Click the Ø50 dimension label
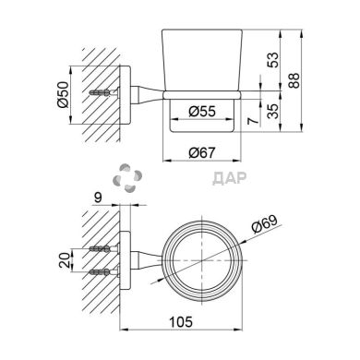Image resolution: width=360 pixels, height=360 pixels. click(x=62, y=94)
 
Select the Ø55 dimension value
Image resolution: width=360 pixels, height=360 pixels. click(x=202, y=112)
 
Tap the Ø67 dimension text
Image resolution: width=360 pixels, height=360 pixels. click(x=202, y=152)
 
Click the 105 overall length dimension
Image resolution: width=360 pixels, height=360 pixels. click(x=181, y=322)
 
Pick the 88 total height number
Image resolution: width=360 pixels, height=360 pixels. click(x=294, y=80)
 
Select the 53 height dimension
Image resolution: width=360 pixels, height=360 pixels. click(x=273, y=60)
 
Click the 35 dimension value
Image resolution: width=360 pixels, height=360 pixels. click(x=272, y=111)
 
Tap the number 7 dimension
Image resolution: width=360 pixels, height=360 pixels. click(x=253, y=121)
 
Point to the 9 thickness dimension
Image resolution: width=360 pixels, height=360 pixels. click(x=98, y=198)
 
